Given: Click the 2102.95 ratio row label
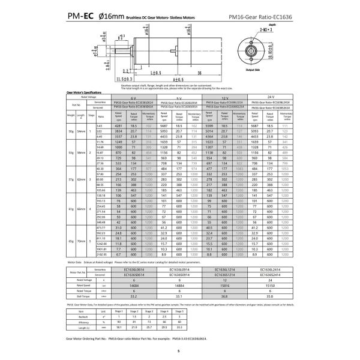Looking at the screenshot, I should pos(100,254).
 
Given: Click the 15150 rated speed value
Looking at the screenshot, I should pos(271,286).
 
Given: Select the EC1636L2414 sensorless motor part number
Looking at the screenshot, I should pos(271,269).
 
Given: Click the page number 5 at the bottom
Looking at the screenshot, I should pos(178,353).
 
